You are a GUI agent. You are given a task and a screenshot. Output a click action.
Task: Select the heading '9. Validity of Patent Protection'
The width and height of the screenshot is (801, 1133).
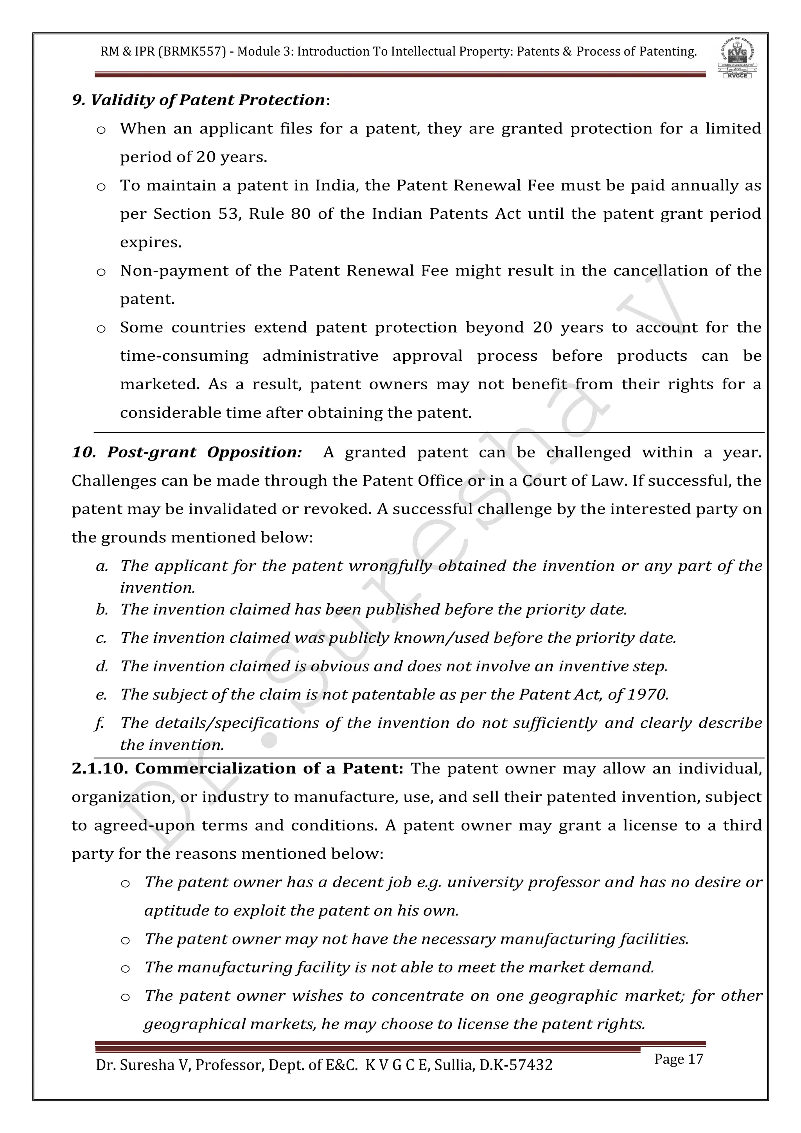198,100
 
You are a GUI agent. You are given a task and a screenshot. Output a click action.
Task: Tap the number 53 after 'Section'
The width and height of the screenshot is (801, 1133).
229,214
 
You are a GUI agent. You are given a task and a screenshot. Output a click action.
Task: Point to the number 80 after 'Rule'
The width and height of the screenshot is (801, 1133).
300,214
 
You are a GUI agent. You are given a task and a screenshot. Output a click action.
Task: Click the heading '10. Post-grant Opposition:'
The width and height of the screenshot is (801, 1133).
187,453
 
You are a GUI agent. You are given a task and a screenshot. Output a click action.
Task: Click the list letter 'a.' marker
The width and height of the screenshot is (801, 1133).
102,566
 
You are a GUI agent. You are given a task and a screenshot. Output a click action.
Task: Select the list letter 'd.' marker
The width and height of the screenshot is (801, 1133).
102,667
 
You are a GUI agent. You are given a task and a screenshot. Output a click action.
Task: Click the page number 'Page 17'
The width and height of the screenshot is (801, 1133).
678,1059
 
